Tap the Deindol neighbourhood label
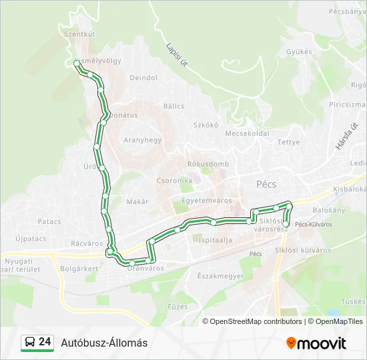coord(143,78)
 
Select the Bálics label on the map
coord(173,106)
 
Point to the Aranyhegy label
coord(143,140)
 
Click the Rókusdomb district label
coord(208,164)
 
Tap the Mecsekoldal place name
coord(247,133)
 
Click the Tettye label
coord(289,142)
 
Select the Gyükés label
coord(299,51)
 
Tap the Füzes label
coord(178,307)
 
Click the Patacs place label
coord(49,221)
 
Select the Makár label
coord(137,201)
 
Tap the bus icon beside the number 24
coord(30,343)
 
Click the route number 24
coord(45,342)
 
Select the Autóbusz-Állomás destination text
coord(104,343)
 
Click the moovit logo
coord(316,343)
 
